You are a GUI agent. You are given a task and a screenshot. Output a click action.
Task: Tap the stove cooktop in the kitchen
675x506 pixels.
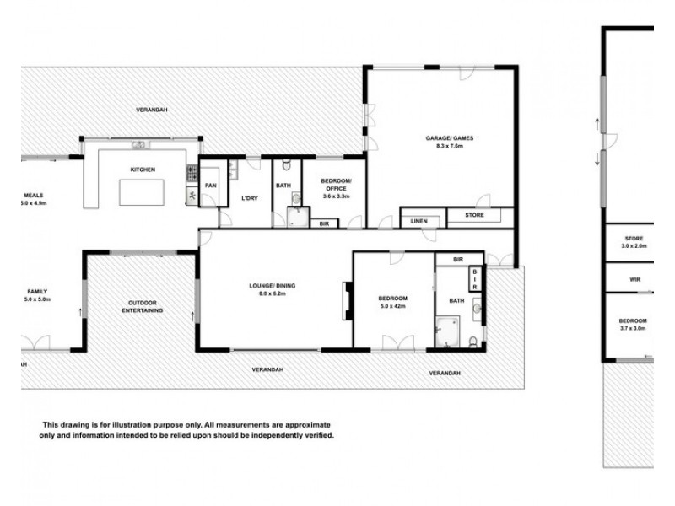[x=192, y=174]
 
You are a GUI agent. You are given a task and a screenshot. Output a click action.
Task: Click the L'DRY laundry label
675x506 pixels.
[x=249, y=198]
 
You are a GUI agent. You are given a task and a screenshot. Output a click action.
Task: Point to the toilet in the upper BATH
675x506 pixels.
[x=286, y=164]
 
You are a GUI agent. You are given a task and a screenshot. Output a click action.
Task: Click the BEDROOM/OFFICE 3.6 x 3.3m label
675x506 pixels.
[x=336, y=190]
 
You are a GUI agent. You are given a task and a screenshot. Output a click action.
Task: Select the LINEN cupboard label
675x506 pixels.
[x=419, y=221]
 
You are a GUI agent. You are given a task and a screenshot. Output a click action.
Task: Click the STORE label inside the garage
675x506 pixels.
[x=476, y=216]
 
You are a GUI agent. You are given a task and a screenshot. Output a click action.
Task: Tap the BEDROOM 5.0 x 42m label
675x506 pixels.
[x=393, y=303]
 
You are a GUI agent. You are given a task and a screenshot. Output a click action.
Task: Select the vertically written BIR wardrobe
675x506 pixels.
[x=475, y=279]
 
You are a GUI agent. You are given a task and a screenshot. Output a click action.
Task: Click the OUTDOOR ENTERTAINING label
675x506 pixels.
[x=140, y=306]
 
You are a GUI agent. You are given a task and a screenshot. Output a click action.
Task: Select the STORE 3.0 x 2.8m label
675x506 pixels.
[x=633, y=243]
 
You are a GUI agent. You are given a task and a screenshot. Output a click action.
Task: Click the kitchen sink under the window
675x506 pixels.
[x=140, y=144]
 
